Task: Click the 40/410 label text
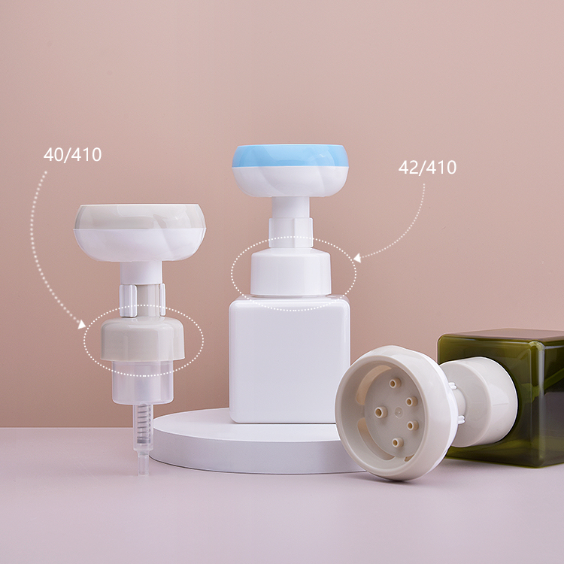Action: [72, 155]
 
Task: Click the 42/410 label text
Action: [427, 167]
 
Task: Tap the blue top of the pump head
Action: [290, 156]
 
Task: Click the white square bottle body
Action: [290, 359]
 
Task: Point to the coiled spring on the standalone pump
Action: [143, 423]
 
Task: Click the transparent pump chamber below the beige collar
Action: [142, 381]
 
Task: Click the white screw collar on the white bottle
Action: [290, 274]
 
